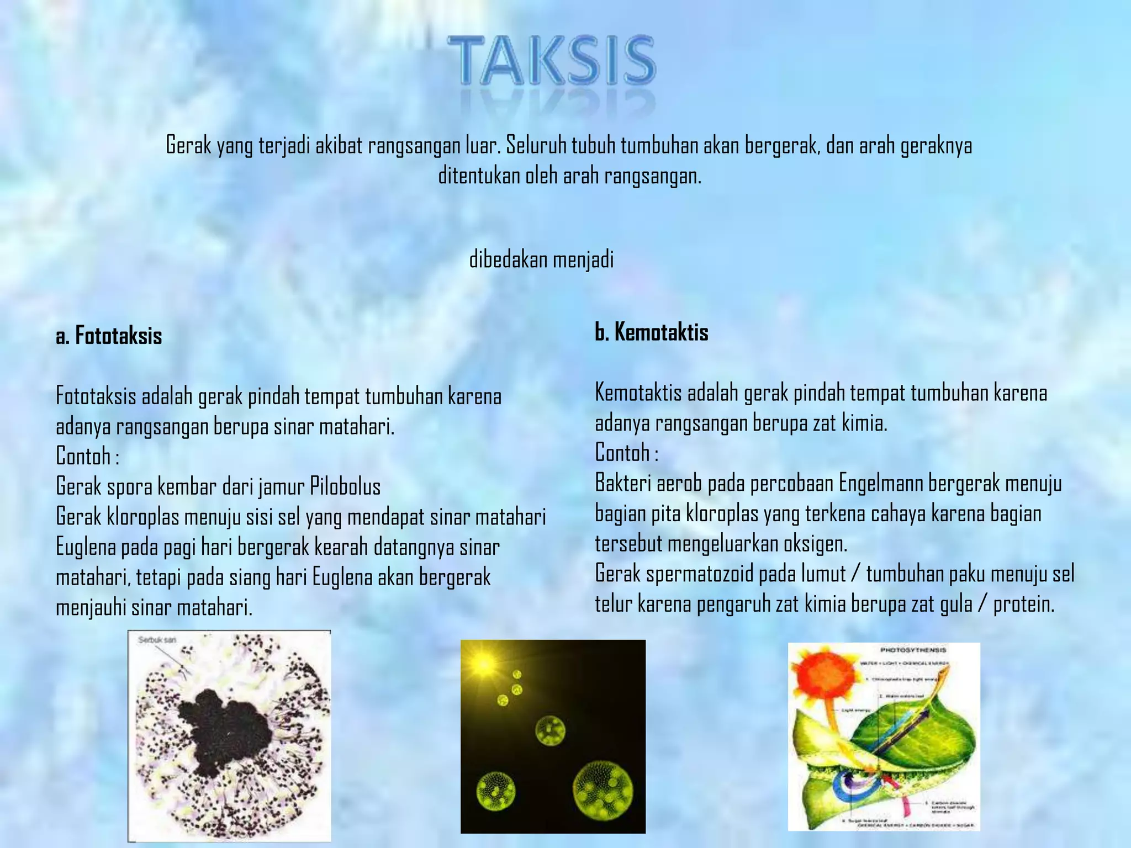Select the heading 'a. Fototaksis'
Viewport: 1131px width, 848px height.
(109, 336)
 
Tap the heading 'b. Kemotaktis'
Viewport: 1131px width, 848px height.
(652, 332)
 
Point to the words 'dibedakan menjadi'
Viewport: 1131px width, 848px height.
(541, 259)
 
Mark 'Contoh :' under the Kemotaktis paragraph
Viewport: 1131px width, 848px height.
(626, 453)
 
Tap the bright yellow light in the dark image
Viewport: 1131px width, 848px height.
(484, 665)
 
